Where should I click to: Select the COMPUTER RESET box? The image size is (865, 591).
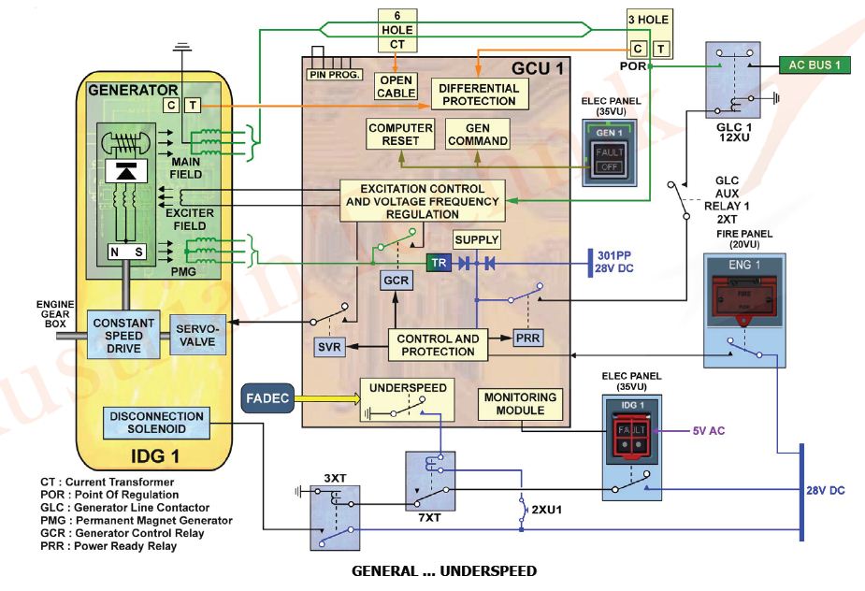click(400, 134)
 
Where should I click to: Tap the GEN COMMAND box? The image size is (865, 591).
click(477, 134)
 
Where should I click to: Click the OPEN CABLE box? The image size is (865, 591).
click(396, 86)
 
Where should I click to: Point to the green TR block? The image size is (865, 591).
click(439, 264)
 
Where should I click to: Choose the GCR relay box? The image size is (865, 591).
click(396, 281)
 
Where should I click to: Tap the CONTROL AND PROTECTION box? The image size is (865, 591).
click(438, 345)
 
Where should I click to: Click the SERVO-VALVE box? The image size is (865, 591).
click(195, 336)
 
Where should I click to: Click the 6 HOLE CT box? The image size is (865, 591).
click(396, 30)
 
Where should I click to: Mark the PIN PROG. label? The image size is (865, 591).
click(334, 73)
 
